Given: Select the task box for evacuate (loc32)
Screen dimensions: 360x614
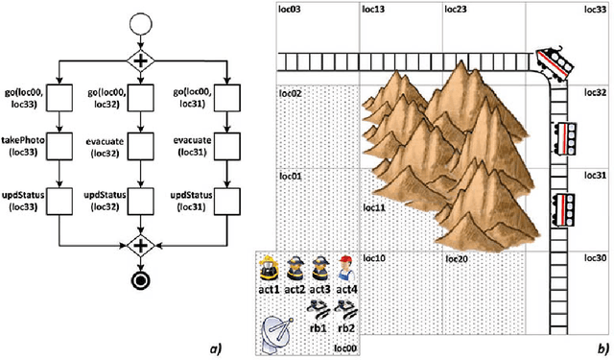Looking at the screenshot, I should (141, 147).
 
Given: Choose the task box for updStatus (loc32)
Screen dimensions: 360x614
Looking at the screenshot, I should (141, 197).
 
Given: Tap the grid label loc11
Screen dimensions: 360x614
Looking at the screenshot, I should (374, 206).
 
